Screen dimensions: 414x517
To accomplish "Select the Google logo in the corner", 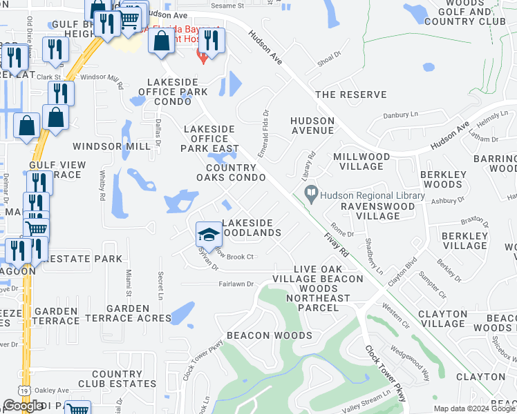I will pyautogui.click(x=23, y=406).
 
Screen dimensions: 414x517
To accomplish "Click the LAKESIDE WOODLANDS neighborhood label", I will pyautogui.click(x=251, y=228).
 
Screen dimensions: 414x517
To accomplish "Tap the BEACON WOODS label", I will pyautogui.click(x=269, y=335).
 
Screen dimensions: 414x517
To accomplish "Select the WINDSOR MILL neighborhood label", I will pyautogui.click(x=112, y=146).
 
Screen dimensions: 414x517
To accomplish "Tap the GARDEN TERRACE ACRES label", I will pyautogui.click(x=128, y=313).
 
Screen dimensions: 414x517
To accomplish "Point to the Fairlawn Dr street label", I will pyautogui.click(x=237, y=284).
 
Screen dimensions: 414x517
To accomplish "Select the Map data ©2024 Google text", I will pyautogui.click(x=473, y=408).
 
